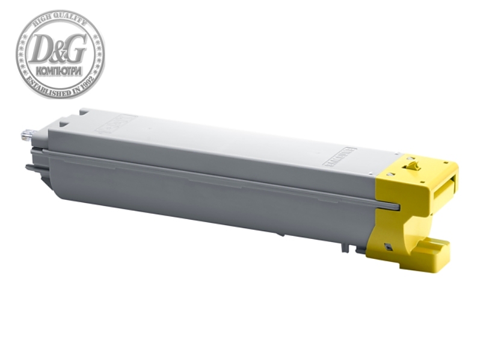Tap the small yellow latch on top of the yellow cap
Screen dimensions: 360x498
[x=411, y=164]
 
